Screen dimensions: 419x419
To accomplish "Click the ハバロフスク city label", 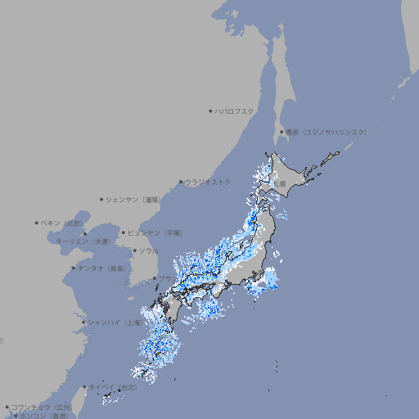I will point(235,110).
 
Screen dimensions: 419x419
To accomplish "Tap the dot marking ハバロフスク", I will point(210,110).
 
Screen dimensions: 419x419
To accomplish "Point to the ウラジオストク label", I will point(209,182).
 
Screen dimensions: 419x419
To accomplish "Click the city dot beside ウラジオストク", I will point(181,182).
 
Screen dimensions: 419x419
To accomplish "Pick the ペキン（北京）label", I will point(62,223).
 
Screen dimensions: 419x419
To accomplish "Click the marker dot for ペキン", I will point(37,223).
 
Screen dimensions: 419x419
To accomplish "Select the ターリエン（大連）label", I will point(83,241).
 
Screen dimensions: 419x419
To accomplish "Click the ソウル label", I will point(148,250).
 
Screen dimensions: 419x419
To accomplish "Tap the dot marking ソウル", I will point(134,250).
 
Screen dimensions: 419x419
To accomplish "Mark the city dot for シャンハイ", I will point(83,322).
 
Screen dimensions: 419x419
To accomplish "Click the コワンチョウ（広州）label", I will point(41,407).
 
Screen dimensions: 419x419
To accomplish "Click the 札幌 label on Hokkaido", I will point(280,184).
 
